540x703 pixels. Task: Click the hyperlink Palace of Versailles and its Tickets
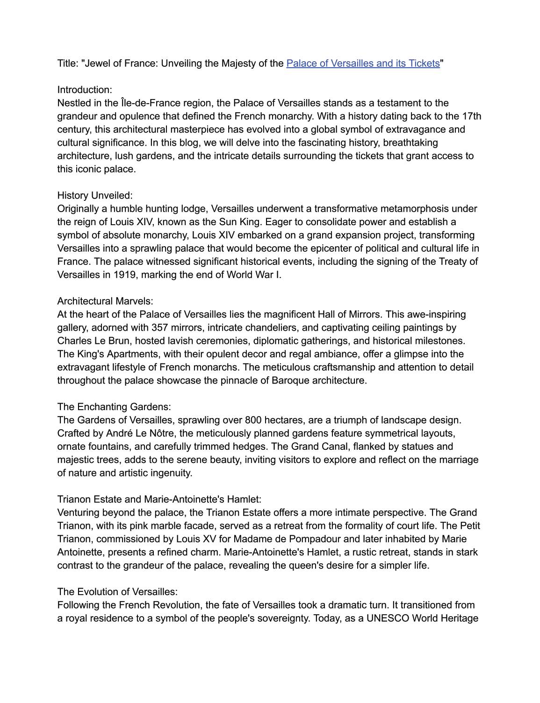pyautogui.click(x=363, y=63)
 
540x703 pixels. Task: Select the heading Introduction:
pyautogui.click(x=85, y=90)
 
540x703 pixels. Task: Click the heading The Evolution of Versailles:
pyautogui.click(x=117, y=592)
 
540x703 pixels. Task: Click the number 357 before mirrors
pyautogui.click(x=160, y=327)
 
